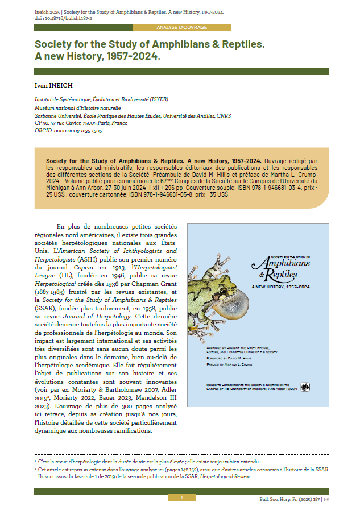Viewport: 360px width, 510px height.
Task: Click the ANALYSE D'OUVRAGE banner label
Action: tap(181, 27)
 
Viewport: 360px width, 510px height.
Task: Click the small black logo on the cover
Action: tap(305, 387)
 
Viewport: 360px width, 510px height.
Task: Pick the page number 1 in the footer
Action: tap(181, 497)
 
